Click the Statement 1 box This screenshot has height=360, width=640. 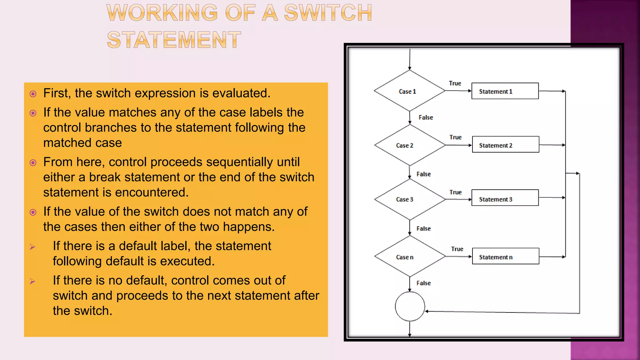point(505,91)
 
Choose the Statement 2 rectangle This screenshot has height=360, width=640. point(506,144)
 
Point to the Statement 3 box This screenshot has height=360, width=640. point(505,198)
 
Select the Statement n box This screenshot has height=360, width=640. point(506,256)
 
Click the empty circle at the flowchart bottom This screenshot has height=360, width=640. point(410,307)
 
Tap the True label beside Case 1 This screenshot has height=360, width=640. point(455,83)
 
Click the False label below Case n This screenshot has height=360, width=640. point(423,283)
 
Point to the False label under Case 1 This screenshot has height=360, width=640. point(426,117)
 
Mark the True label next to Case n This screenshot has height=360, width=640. point(457,249)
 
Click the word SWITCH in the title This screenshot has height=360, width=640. point(328,13)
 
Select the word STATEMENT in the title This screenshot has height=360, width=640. point(174,40)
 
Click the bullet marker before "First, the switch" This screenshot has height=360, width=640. point(33,94)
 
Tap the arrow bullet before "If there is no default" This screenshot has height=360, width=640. point(32,281)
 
